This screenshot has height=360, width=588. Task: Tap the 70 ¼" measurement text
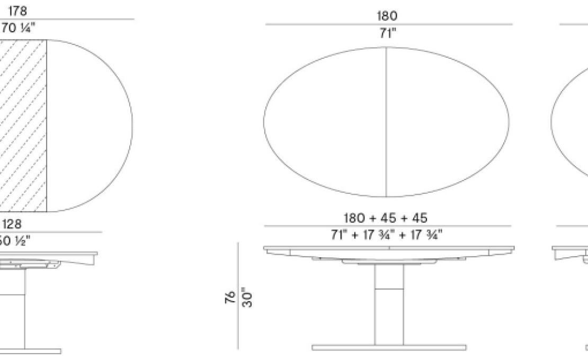click(x=17, y=29)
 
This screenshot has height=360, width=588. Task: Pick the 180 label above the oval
click(x=387, y=16)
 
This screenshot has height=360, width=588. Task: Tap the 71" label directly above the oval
click(x=387, y=33)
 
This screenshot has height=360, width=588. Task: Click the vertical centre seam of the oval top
click(x=386, y=122)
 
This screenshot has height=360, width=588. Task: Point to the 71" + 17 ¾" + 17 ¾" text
click(x=388, y=235)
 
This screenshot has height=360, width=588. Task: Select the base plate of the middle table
click(x=388, y=348)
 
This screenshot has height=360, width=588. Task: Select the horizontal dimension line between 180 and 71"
click(x=388, y=24)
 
